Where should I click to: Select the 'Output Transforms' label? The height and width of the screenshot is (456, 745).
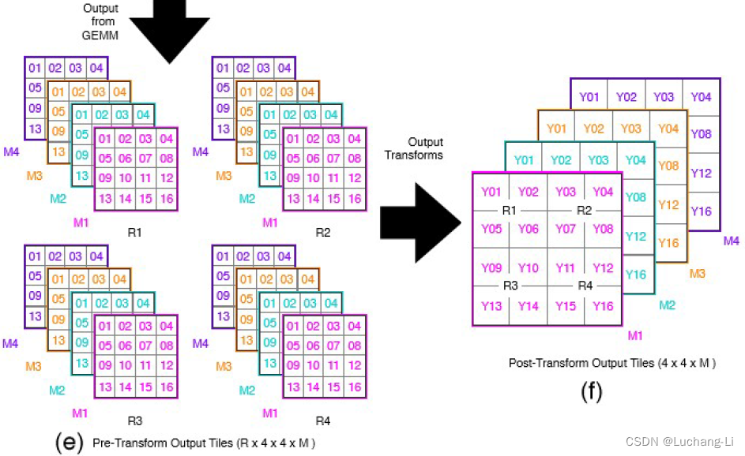coord(424,148)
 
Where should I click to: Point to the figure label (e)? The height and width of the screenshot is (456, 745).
coord(70,443)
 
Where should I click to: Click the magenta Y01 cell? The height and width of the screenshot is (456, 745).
coord(491,192)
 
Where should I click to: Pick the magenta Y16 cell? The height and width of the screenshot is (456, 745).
coord(603,306)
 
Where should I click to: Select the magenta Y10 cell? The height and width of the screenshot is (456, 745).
coord(529,268)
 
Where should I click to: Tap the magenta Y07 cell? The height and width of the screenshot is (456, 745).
coord(566,229)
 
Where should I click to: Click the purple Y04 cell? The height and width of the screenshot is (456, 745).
coord(701,97)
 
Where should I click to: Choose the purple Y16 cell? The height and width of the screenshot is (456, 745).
coord(701,211)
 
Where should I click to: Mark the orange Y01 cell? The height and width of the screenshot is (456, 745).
coord(557,128)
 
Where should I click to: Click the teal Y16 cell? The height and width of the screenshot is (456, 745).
coord(636,274)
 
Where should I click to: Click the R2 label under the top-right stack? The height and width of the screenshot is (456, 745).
coord(322,233)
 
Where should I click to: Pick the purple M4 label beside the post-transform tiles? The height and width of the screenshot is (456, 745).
coord(731,241)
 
